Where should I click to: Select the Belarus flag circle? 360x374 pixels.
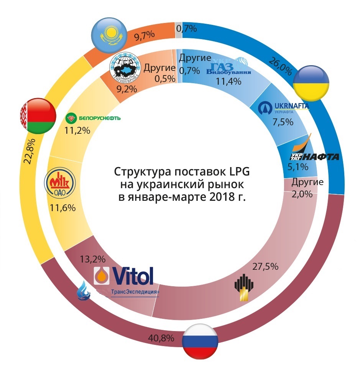click(x=36, y=115)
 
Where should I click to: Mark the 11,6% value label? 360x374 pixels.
click(x=62, y=208)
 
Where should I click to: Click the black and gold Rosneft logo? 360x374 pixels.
click(x=245, y=288)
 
